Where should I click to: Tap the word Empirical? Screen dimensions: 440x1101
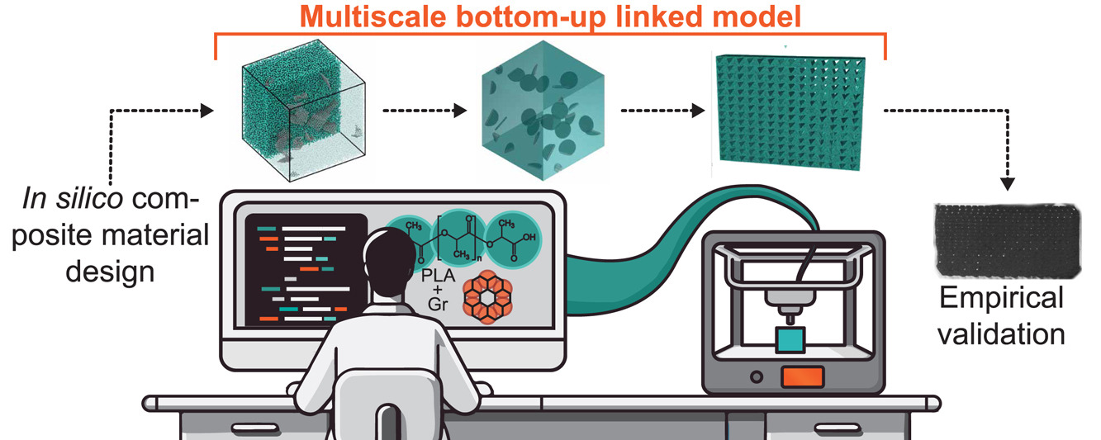(x=1001, y=298)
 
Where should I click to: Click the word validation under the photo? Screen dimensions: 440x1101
(x=1000, y=334)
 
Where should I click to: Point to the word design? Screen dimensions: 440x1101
(x=116, y=271)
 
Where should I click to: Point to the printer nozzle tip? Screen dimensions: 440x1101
(x=790, y=316)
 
